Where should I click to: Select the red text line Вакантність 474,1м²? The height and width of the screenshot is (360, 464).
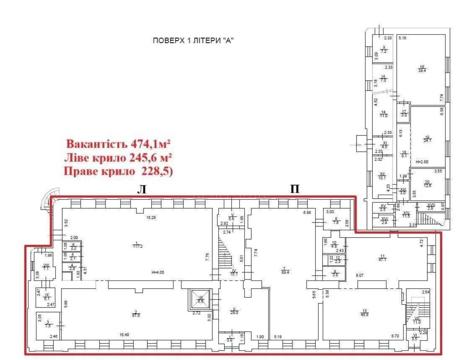[119, 144]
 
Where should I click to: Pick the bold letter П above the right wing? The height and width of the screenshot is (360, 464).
[295, 188]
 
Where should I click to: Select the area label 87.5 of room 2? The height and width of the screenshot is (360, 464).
[136, 315]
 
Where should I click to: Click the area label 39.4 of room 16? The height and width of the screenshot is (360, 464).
[421, 71]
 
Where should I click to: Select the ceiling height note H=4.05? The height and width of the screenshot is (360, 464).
[159, 272]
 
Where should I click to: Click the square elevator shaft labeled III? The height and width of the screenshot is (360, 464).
[201, 299]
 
